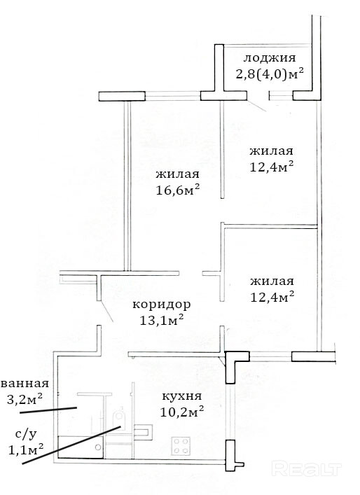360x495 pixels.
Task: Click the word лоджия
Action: tap(270, 59)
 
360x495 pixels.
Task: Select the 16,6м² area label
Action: tap(178, 190)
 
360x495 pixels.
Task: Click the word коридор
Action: tap(161, 305)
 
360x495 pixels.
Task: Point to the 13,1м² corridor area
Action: tap(162, 321)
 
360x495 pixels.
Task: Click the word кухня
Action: tap(181, 396)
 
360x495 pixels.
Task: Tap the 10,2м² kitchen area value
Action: tap(181, 412)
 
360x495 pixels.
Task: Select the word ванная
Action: tap(25, 384)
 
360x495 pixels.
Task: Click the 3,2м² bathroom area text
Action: tap(25, 399)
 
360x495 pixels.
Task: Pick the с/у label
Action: tap(26, 435)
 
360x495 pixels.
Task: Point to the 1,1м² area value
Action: tap(26, 449)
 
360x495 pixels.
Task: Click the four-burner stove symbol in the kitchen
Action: tap(181, 446)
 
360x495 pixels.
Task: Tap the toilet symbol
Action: tap(119, 419)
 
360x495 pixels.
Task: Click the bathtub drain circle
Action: tap(98, 447)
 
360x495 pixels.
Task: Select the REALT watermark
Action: tap(306, 469)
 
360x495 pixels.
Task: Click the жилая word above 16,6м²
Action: tap(177, 174)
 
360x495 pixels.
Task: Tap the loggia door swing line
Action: tap(257, 106)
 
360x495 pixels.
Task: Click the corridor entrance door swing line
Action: tap(106, 312)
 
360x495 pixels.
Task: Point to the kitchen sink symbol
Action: tap(144, 433)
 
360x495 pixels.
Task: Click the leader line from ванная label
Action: tap(48, 410)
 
